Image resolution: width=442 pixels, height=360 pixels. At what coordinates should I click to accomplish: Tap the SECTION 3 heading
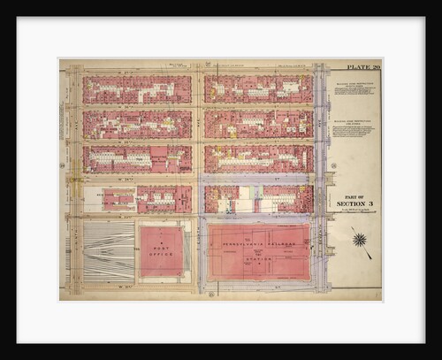pyautogui.click(x=354, y=203)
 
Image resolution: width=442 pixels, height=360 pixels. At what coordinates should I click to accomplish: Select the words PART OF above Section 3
pyautogui.click(x=354, y=195)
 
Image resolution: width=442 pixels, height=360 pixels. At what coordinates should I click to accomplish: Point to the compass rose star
pyautogui.click(x=359, y=239)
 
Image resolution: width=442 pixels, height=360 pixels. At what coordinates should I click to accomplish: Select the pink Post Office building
pyautogui.click(x=162, y=252)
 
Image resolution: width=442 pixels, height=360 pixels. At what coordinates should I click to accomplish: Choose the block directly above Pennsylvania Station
pyautogui.click(x=258, y=199)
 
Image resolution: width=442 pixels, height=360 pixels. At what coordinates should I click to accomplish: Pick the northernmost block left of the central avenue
pyautogui.click(x=137, y=89)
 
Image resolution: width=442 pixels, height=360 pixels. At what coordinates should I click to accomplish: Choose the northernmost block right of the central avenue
pyautogui.click(x=258, y=89)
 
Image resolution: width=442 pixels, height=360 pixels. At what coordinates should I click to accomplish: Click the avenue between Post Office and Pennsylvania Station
pyautogui.click(x=198, y=252)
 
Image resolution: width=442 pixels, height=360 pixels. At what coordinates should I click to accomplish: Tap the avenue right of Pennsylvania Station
pyautogui.click(x=320, y=252)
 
